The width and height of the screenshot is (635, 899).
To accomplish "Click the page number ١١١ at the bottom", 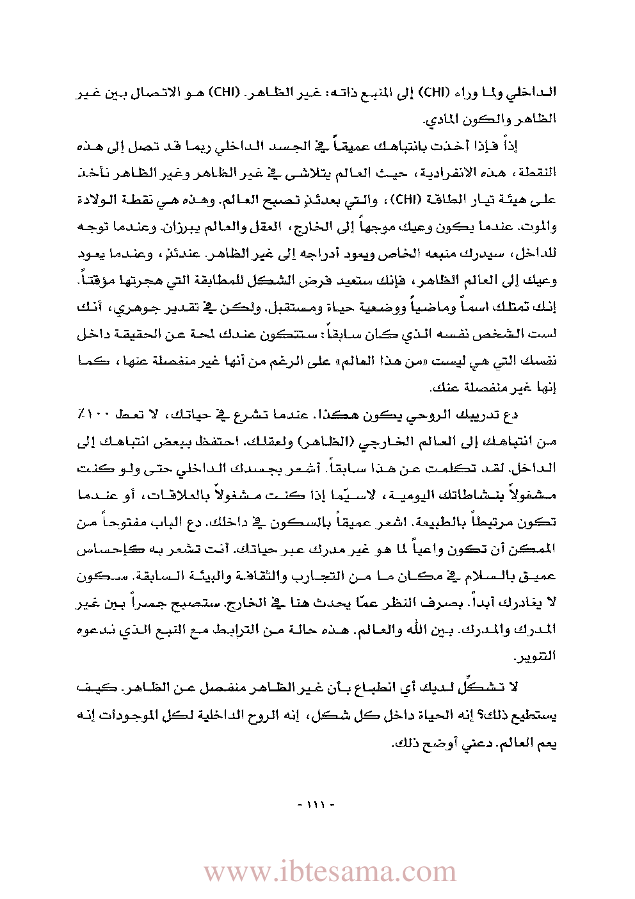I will (317, 804).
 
